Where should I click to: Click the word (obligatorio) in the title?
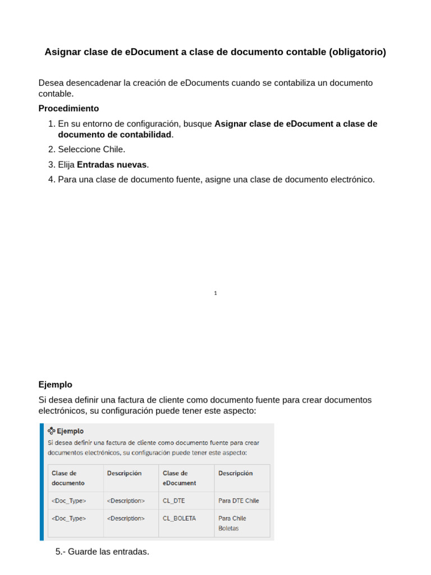point(355,52)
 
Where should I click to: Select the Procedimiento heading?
point(68,108)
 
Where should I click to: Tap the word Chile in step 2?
point(114,149)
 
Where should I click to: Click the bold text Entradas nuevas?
point(112,165)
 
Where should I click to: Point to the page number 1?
point(215,293)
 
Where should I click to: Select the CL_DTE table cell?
point(173,501)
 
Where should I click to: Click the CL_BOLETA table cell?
point(179,518)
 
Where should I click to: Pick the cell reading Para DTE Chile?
point(239,501)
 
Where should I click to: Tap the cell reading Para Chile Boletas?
point(232,523)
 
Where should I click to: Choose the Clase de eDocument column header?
point(180,478)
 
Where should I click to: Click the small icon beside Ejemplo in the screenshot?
point(52,431)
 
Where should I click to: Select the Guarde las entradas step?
point(103,552)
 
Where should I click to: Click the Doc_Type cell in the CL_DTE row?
point(68,501)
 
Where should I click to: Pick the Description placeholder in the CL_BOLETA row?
point(126,518)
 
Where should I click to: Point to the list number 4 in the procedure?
point(51,180)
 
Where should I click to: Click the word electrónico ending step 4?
point(351,180)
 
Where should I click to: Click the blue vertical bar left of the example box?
point(42,482)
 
